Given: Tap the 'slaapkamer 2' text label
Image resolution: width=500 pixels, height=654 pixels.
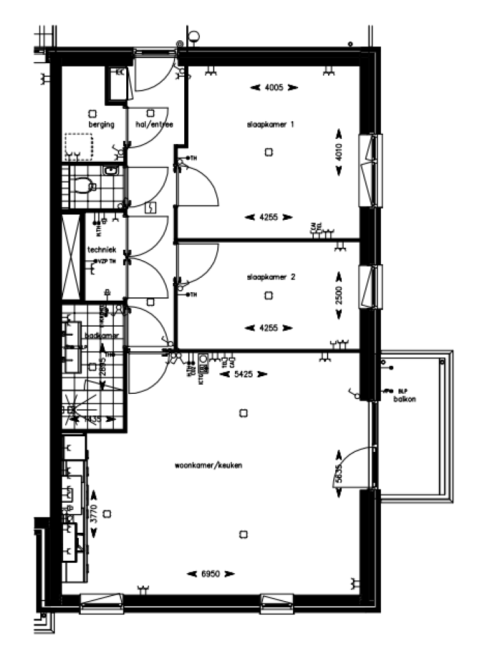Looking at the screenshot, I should (271, 276).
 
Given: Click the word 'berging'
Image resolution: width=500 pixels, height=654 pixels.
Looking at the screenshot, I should (102, 124).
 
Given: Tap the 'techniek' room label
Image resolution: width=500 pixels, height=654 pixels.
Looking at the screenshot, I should (102, 250).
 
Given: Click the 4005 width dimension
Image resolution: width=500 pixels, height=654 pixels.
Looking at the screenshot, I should (273, 87).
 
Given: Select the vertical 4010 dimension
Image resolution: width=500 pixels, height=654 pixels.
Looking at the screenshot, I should (339, 152).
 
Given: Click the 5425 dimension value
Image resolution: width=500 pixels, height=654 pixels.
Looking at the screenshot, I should (244, 374).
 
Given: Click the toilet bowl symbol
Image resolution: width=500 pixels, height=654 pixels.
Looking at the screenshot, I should (82, 187).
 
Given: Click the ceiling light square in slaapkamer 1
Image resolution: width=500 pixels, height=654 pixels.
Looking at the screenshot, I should (268, 152).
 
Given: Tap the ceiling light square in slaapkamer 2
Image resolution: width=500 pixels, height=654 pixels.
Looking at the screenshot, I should (268, 295).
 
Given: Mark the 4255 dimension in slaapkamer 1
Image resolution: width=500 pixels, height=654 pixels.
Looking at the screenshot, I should (269, 217).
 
